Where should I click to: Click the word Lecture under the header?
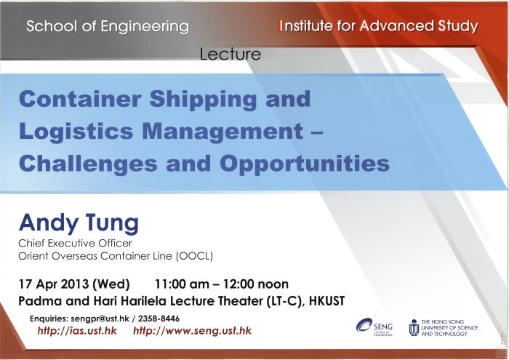point(231,54)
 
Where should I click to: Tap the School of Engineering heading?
point(108,26)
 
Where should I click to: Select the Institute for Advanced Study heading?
point(379,26)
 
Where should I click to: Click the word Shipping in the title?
point(203,100)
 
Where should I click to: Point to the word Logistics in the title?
point(76,131)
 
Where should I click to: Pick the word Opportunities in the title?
point(305,163)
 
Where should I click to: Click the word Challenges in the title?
point(88,164)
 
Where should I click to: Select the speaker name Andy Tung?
point(79,223)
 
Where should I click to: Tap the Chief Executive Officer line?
point(76,243)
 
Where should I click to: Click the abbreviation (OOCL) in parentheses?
point(194,256)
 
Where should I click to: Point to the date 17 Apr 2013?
point(54,284)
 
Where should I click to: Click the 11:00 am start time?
point(182,284)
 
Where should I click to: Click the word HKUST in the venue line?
point(326,301)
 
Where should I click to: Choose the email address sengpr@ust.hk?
point(100,319)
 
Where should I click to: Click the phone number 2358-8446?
point(159,319)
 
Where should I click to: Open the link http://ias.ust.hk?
point(77,331)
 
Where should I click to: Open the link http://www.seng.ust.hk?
point(192,331)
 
